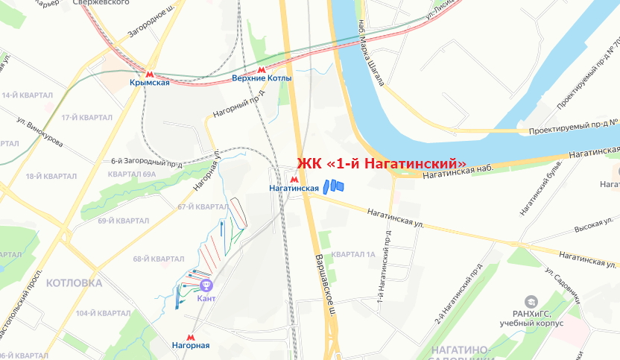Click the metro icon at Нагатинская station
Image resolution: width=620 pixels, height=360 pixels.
[x=295, y=179]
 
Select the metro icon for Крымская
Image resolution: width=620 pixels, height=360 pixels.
[x=149, y=74]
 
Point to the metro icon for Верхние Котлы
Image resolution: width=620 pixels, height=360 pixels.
[x=261, y=69]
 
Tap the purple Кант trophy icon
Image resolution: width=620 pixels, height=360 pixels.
[x=206, y=285]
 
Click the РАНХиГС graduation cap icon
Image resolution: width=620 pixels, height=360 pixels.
[x=531, y=302]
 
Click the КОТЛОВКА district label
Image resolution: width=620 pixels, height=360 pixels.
[x=74, y=283]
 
